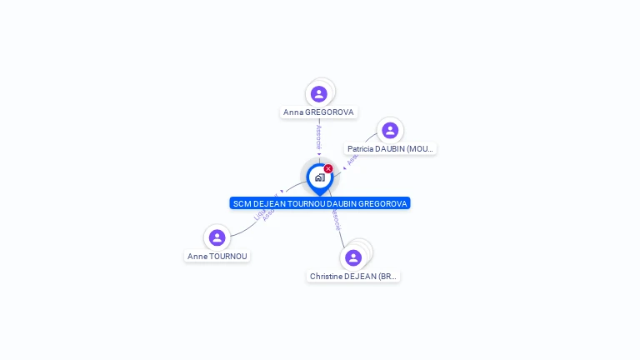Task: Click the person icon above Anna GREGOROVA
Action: click(319, 93)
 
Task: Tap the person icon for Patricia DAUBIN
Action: click(389, 130)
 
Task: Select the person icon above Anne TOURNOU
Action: click(217, 237)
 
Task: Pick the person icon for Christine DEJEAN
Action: click(353, 257)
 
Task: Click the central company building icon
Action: click(319, 177)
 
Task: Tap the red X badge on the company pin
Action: click(328, 168)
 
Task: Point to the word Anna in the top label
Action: click(293, 112)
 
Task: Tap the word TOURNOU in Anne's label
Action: click(229, 257)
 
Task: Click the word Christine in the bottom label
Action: click(326, 277)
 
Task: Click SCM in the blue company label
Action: click(242, 203)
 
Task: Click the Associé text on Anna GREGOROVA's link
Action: click(318, 137)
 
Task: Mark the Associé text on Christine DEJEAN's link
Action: click(336, 218)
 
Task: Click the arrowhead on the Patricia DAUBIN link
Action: click(344, 167)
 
